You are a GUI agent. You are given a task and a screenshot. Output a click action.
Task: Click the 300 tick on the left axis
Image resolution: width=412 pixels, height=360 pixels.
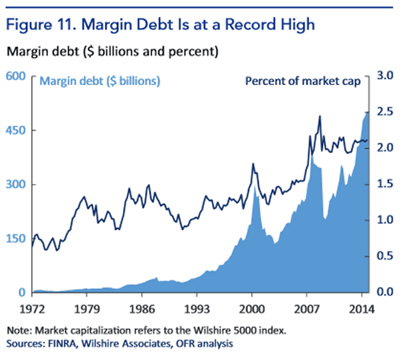(15, 185)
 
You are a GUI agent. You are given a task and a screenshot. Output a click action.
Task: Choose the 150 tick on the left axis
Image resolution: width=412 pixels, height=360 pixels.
(15, 238)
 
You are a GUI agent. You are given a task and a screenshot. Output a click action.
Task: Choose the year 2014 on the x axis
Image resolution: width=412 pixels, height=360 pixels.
(360, 308)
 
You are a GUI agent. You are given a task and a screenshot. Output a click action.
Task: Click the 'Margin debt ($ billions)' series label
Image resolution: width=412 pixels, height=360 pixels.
(100, 82)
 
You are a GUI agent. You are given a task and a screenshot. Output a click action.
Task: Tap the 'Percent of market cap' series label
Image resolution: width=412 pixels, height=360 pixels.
(303, 82)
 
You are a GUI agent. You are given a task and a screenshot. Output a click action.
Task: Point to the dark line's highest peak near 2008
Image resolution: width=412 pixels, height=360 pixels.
(320, 116)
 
